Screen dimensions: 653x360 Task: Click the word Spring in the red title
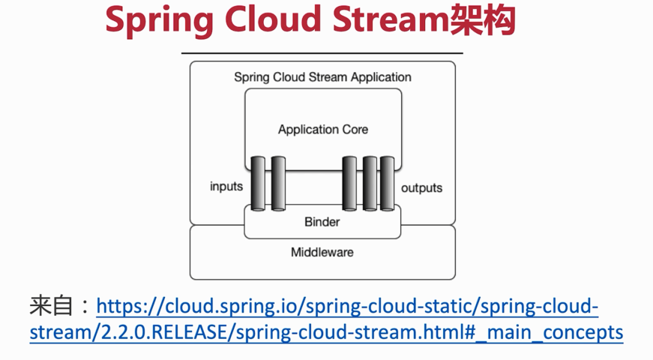coord(159,21)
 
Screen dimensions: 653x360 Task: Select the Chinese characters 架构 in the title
coord(483,19)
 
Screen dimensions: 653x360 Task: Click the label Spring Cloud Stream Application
coord(322,77)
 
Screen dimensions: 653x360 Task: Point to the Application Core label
coord(323,130)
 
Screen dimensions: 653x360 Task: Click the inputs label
coord(226,186)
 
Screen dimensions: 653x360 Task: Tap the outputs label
coord(421,188)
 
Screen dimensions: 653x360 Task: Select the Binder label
coord(322,222)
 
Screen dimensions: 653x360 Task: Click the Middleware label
coord(322,252)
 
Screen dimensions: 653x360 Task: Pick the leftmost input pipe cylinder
coord(258,183)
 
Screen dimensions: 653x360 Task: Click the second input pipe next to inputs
coord(278,183)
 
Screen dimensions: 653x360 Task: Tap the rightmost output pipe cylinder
coord(387,183)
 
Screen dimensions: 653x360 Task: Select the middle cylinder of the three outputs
coord(370,183)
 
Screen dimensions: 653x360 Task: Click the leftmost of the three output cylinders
coord(349,183)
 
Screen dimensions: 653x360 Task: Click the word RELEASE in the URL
coord(187,332)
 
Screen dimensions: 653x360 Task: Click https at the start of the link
coord(118,307)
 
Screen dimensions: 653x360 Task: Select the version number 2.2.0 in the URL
coord(127,332)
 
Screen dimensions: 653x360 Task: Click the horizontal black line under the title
coord(322,53)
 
